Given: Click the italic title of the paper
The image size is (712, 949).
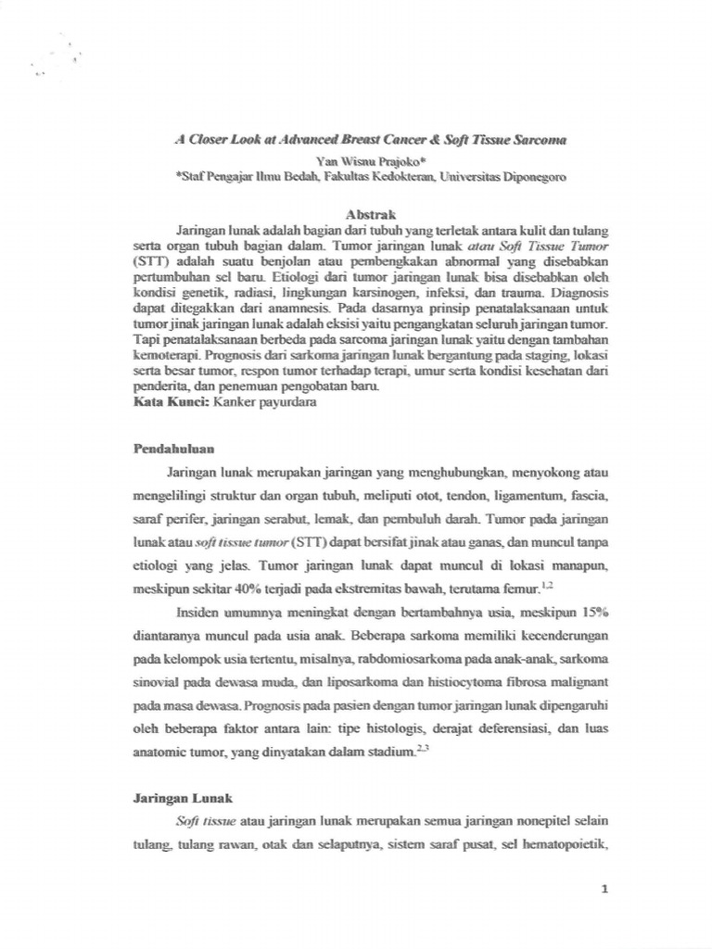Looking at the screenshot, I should pyautogui.click(x=370, y=139).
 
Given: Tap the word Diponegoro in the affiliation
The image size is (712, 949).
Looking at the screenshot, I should pyautogui.click(x=528, y=175).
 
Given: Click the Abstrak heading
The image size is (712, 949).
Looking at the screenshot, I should pyautogui.click(x=370, y=213).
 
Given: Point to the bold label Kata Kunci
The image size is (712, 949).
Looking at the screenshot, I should pyautogui.click(x=171, y=403).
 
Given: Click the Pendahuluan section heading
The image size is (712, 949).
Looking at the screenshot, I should pyautogui.click(x=175, y=448).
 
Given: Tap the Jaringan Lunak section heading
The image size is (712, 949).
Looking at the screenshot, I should pyautogui.click(x=181, y=797).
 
